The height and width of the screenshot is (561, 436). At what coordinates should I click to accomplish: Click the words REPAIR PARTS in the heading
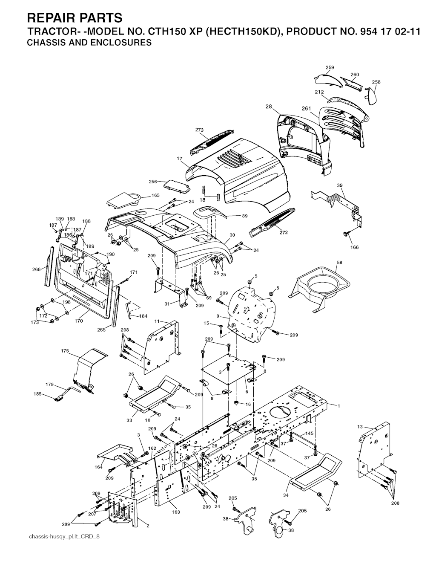pyautogui.click(x=75, y=18)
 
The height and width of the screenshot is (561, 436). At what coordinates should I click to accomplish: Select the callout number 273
pyautogui.click(x=199, y=130)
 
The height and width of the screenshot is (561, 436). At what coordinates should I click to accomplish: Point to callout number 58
pyautogui.click(x=340, y=262)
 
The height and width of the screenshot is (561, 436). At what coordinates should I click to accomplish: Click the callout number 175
pyautogui.click(x=65, y=351)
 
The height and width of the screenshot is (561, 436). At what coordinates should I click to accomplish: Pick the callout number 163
pyautogui.click(x=176, y=517)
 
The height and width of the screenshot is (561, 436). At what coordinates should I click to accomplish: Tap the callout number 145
pyautogui.click(x=310, y=433)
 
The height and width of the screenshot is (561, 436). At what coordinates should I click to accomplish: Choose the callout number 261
pyautogui.click(x=307, y=108)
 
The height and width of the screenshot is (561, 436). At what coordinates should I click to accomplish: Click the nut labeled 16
pyautogui.click(x=235, y=402)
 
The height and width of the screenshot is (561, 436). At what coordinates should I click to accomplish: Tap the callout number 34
pyautogui.click(x=285, y=495)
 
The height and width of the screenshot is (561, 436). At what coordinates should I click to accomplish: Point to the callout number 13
pyautogui.click(x=360, y=427)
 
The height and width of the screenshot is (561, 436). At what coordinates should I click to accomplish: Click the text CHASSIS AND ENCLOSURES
pyautogui.click(x=89, y=43)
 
